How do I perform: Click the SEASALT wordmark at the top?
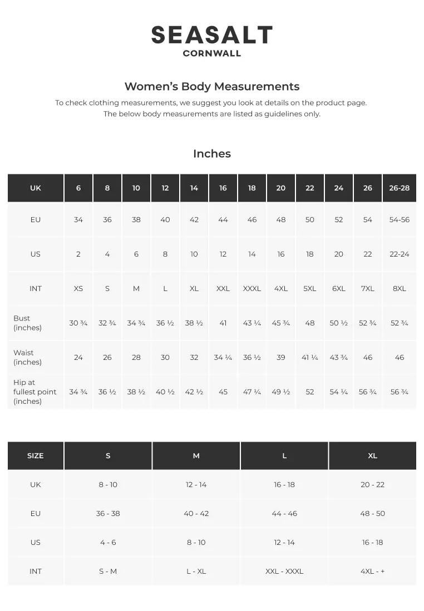coord(212,36)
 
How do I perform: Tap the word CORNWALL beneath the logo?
coord(212,54)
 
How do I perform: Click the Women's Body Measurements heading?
coord(212,87)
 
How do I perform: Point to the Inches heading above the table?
coord(212,154)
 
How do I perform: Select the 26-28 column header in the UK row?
coord(400,188)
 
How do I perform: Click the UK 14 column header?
coord(194,188)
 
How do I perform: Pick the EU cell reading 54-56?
coord(400,219)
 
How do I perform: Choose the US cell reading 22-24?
coord(400,254)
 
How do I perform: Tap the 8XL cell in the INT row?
coord(400,288)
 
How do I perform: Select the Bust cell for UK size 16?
coord(223,323)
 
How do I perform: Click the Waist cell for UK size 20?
coord(281,357)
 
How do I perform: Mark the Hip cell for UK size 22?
coord(310,392)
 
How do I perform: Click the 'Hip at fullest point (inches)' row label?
coord(35,392)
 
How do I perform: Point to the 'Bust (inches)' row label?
coord(27,323)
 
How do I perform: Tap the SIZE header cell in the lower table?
coord(35,455)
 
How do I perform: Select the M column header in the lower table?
coord(196,455)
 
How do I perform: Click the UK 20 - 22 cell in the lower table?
coord(372,484)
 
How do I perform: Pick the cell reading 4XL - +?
coord(372,571)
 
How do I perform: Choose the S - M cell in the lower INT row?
coord(108,571)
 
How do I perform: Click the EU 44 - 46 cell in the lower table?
coord(284,513)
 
